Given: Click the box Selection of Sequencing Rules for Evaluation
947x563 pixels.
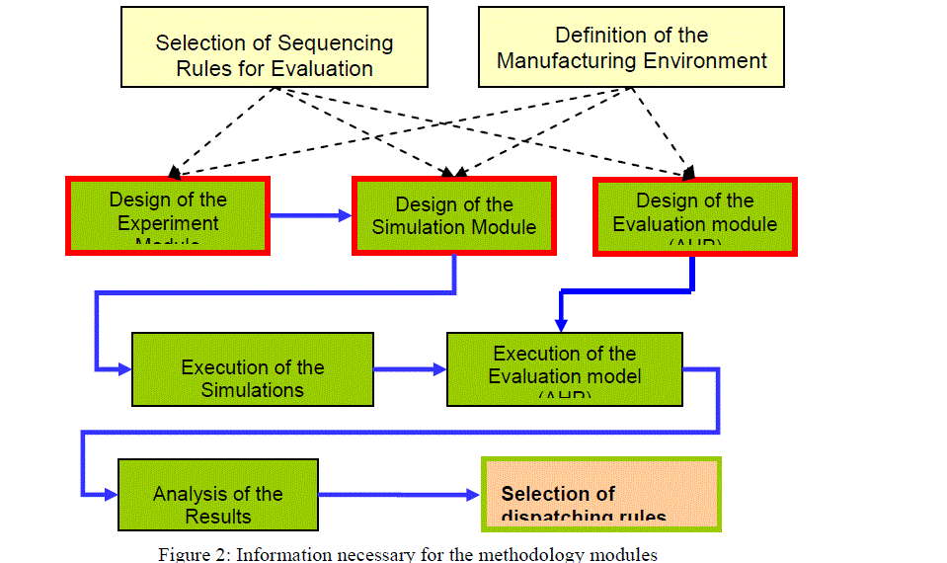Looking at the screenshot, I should tap(275, 55).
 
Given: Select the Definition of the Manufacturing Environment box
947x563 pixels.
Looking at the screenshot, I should tap(631, 47).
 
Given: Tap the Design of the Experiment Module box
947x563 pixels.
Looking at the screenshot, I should tap(168, 215).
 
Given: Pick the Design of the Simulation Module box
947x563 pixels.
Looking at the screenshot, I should tap(453, 215).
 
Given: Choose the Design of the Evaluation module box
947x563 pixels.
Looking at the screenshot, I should tap(694, 215).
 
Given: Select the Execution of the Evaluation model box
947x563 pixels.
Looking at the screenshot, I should tap(564, 370).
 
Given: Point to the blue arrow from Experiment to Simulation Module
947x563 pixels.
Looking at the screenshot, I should tap(311, 214).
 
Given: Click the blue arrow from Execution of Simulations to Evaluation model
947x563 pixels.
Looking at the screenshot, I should tap(410, 369).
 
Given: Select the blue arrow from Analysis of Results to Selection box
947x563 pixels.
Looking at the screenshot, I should tap(399, 494).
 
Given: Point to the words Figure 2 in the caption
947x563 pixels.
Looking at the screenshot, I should tap(187, 554).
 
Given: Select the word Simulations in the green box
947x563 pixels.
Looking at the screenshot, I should tap(253, 390).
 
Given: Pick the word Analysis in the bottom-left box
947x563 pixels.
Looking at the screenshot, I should tap(187, 494).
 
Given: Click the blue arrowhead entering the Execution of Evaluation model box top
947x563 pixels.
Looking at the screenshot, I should tap(561, 322).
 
